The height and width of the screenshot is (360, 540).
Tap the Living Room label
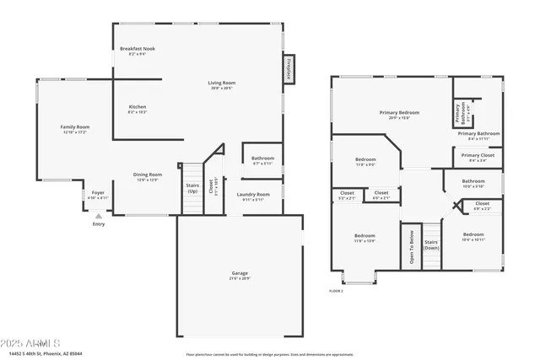click(222, 83)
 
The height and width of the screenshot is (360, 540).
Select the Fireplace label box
click(288, 68)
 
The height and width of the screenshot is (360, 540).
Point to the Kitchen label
click(138, 107)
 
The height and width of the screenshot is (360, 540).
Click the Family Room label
click(76, 127)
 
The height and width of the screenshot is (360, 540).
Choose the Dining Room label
click(148, 175)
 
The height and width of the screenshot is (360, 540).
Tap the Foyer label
click(99, 193)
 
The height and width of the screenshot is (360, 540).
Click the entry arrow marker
click(99, 216)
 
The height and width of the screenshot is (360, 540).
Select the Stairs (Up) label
click(192, 188)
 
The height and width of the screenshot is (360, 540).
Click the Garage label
click(240, 274)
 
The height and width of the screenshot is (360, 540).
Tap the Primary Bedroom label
click(399, 112)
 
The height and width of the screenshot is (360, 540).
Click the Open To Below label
click(411, 247)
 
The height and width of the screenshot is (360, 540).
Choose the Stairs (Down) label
click(431, 244)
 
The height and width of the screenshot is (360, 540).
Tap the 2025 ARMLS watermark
click(31, 344)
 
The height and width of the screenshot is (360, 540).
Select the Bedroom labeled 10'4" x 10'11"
click(473, 234)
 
